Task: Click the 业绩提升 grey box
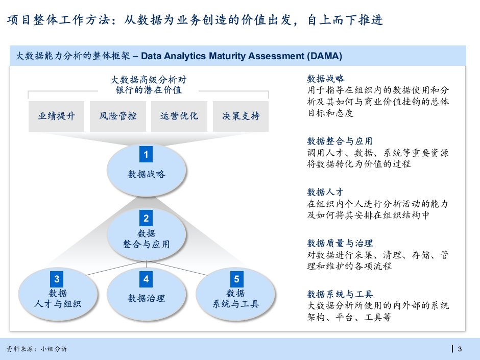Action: tap(56, 116)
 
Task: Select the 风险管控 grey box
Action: tap(118, 116)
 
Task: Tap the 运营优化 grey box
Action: tap(179, 116)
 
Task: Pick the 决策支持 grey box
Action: tap(241, 116)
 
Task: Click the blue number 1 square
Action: tap(146, 154)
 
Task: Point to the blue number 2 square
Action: tap(146, 218)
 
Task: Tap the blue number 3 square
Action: tap(57, 279)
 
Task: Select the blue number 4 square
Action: tap(146, 279)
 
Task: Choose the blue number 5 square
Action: tap(236, 279)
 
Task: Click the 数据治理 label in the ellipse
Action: tap(147, 298)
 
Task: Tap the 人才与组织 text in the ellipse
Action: tap(58, 304)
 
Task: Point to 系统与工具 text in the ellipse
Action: tap(236, 304)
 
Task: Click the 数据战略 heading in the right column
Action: tap(326, 79)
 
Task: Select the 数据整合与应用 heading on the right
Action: tap(340, 141)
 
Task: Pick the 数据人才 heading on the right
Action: tap(325, 192)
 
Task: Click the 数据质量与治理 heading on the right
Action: tap(340, 243)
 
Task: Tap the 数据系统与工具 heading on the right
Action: tap(340, 294)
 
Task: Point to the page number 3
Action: tap(460, 349)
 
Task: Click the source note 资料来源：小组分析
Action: tap(37, 349)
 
